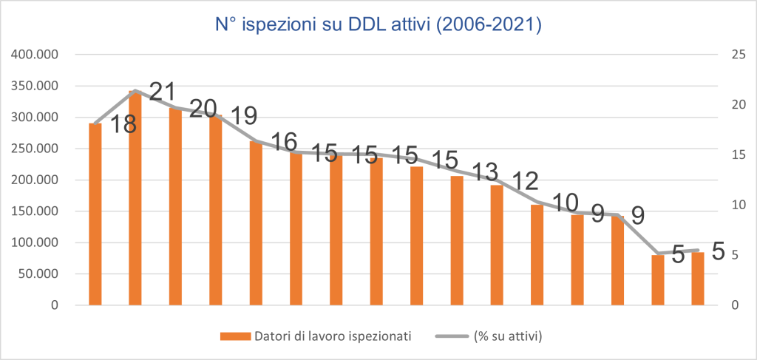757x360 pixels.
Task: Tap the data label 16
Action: (283, 142)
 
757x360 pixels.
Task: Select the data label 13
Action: (484, 171)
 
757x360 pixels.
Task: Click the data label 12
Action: (524, 182)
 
